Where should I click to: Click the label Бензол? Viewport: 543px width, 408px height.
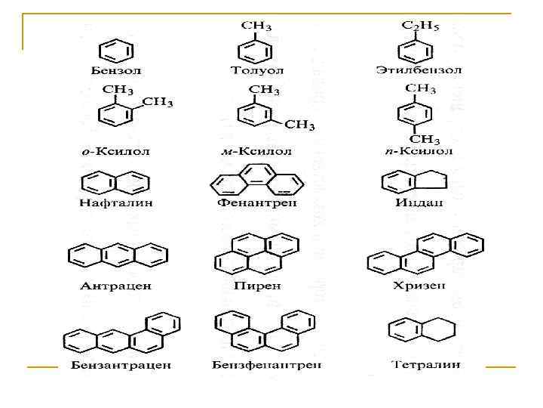coord(116,70)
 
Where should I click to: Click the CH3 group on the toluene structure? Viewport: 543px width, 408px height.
coord(256,26)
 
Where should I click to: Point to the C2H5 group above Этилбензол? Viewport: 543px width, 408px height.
coord(421,26)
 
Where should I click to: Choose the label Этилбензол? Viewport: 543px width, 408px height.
coord(419,70)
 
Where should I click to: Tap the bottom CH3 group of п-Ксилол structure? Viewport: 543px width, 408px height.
coord(424,139)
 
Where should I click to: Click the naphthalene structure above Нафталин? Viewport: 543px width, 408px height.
coord(115,183)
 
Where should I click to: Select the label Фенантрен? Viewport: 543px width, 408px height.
coord(256,202)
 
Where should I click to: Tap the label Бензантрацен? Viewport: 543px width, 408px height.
coord(121,366)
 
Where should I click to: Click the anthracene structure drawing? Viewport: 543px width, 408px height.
coord(117,255)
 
